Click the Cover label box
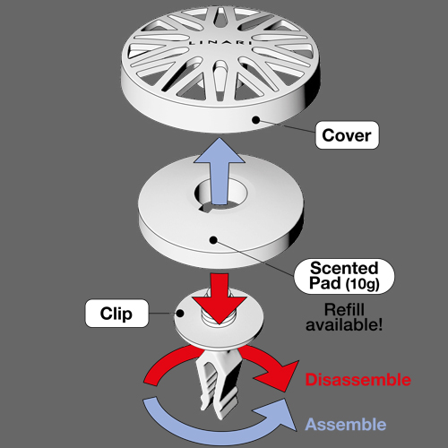tap(347, 135)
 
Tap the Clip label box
tap(116, 314)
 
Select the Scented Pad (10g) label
tap(344, 276)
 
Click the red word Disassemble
tap(358, 380)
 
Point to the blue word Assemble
tap(346, 425)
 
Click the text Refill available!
tap(344, 317)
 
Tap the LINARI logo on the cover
tap(220, 43)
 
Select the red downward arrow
tap(220, 299)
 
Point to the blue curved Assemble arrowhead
tap(275, 415)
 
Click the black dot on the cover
tap(256, 120)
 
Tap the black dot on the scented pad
tap(213, 239)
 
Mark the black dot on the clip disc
tap(180, 314)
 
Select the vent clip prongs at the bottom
tap(219, 385)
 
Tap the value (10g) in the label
tap(362, 283)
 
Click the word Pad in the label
tap(325, 282)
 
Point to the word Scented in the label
tap(344, 268)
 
